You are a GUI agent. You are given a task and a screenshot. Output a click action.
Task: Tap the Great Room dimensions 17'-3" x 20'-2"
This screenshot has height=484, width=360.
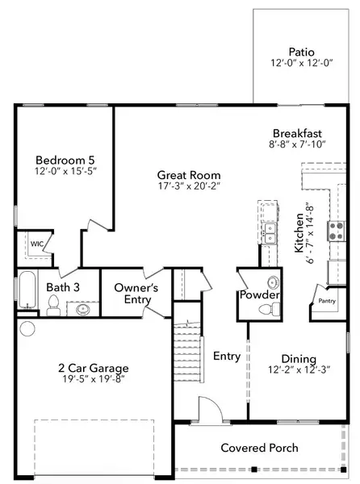pyautogui.click(x=189, y=185)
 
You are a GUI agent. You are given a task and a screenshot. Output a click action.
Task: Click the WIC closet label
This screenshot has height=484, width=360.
pyautogui.click(x=36, y=243)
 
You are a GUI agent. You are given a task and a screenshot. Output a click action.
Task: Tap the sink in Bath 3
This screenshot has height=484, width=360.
pyautogui.click(x=82, y=307)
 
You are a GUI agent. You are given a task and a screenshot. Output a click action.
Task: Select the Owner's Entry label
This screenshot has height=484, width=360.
pyautogui.click(x=136, y=293)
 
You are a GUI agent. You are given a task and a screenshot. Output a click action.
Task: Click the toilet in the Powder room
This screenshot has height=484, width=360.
pyautogui.click(x=272, y=282)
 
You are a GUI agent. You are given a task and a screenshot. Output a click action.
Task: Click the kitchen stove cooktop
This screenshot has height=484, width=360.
pyautogui.click(x=336, y=231)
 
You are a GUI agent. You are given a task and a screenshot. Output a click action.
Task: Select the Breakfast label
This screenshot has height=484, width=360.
pyautogui.click(x=297, y=133)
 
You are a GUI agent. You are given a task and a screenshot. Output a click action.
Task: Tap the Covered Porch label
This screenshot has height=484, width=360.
pyautogui.click(x=259, y=448)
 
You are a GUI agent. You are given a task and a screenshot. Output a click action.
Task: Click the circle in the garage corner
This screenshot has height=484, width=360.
pyautogui.click(x=27, y=328)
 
